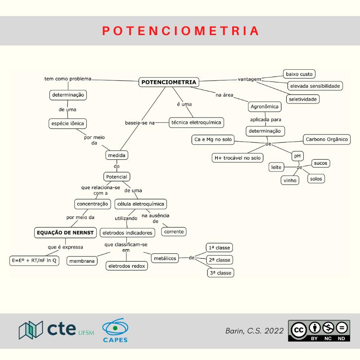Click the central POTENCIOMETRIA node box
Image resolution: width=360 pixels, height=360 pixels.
[x=168, y=82]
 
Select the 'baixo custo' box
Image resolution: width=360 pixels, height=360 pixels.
[x=299, y=74]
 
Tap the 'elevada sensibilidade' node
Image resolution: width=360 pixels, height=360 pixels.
[x=315, y=85]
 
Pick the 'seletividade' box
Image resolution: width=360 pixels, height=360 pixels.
[x=303, y=99]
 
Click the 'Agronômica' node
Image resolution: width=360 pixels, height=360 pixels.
[x=265, y=107]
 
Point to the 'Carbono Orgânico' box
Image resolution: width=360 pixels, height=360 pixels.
[x=327, y=139]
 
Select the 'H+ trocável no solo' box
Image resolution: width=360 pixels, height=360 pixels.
[x=237, y=158]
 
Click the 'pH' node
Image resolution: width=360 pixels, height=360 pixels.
[x=297, y=156]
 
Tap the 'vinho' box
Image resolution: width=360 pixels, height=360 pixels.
[x=290, y=180]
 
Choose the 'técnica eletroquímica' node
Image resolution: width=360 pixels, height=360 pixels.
[x=197, y=122]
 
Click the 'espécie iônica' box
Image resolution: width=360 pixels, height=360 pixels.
[x=67, y=123]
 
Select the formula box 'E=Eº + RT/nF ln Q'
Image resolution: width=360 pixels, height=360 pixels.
[x=34, y=261]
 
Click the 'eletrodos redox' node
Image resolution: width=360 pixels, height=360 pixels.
[x=126, y=266]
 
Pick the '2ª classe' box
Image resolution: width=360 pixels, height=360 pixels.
[x=220, y=260]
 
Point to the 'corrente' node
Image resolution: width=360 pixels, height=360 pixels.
[x=174, y=232]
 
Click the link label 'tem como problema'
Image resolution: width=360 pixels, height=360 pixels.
[x=68, y=79]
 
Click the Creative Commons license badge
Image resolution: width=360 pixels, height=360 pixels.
[x=319, y=331]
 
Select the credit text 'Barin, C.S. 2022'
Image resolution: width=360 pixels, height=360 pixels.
[x=254, y=331]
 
